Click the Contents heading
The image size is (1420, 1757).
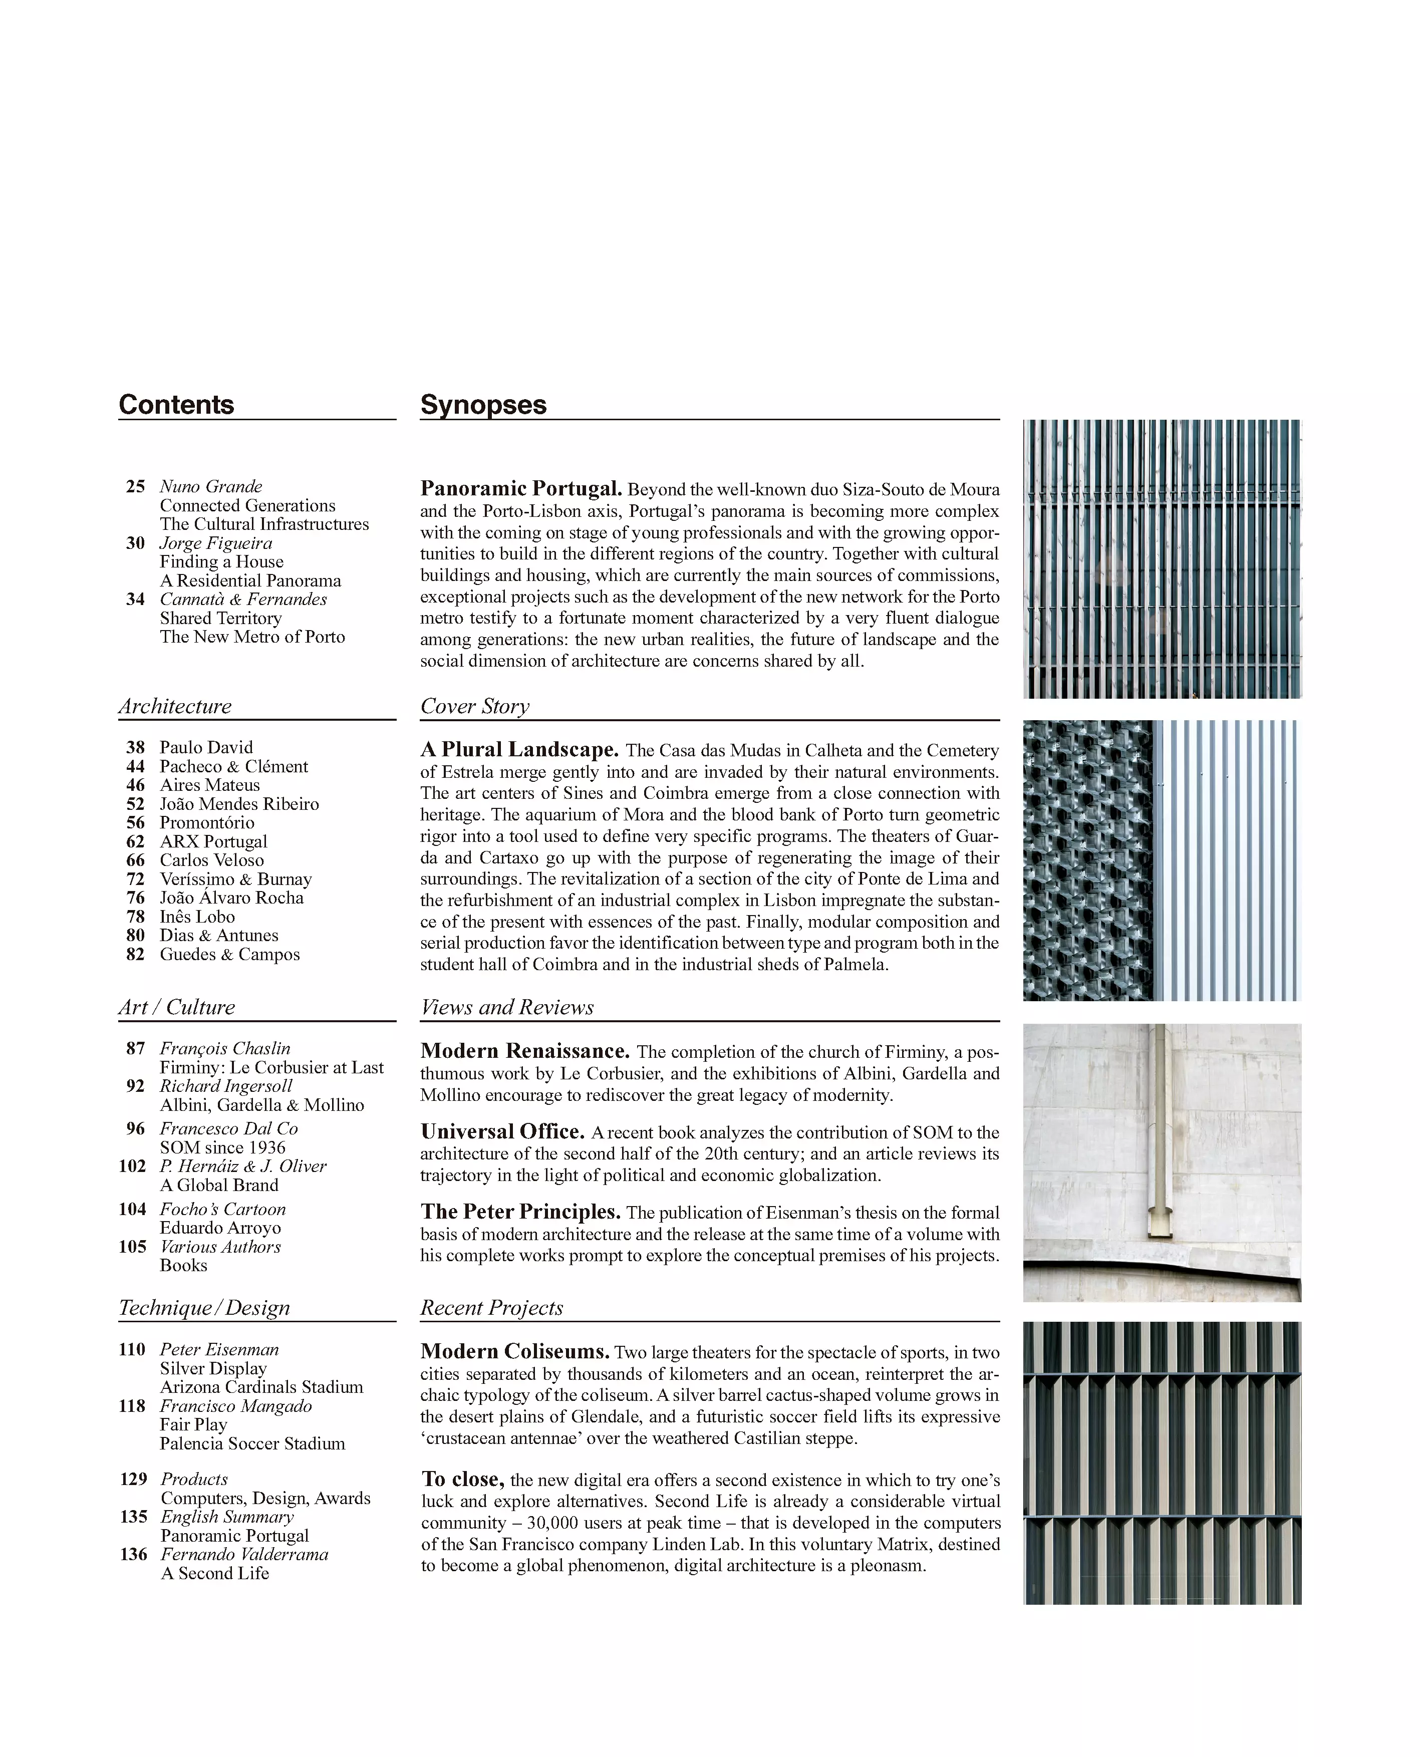(176, 405)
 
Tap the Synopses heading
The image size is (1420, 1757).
(483, 405)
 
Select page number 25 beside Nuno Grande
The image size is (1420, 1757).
(135, 487)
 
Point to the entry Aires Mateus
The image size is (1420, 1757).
(209, 785)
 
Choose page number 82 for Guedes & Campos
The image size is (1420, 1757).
(135, 955)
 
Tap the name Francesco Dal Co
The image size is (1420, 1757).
(228, 1129)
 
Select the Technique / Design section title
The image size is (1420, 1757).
(204, 1308)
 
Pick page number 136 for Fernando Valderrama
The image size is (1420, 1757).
(133, 1555)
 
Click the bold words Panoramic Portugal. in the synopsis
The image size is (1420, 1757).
(521, 489)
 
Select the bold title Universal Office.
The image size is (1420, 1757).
(502, 1132)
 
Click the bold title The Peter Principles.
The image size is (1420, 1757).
(520, 1212)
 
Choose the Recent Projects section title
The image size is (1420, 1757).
(491, 1308)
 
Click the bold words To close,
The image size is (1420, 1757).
(463, 1480)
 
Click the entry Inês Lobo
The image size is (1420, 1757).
(197, 917)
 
